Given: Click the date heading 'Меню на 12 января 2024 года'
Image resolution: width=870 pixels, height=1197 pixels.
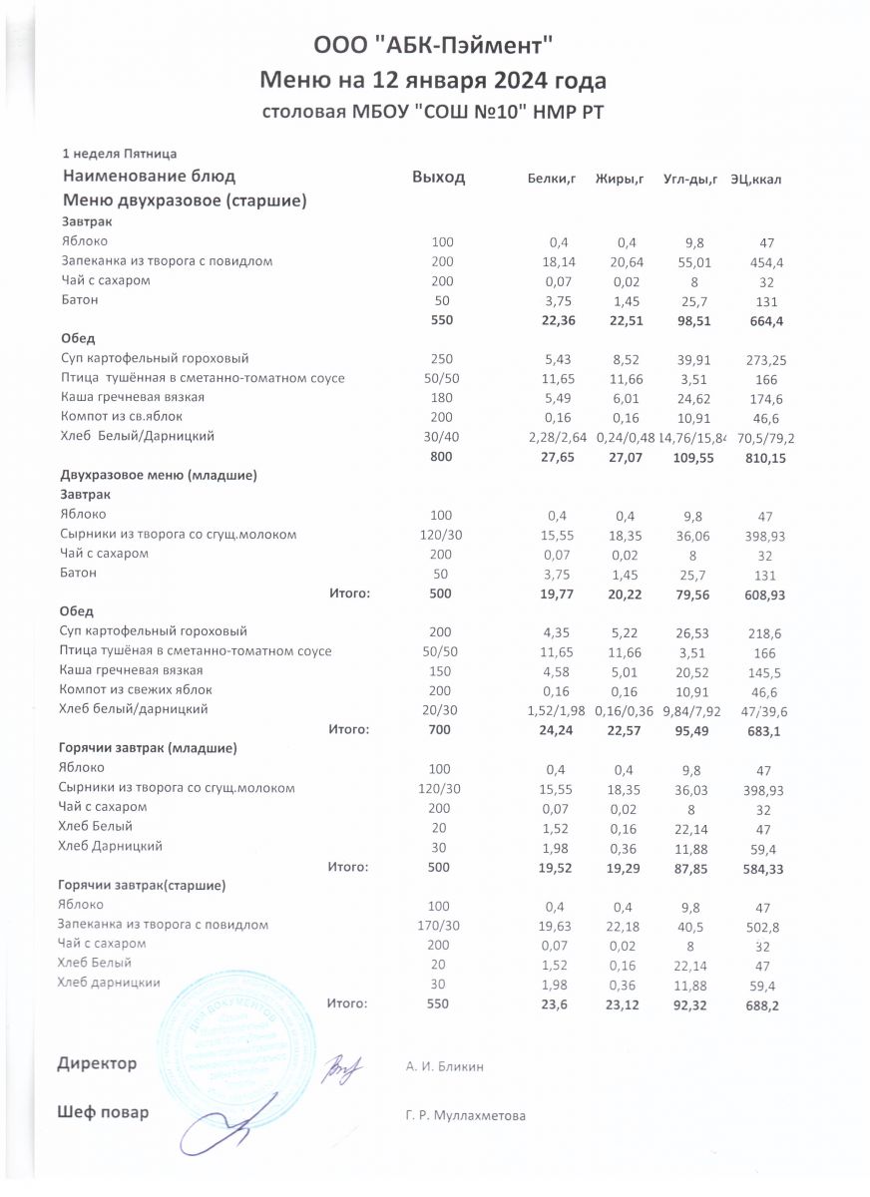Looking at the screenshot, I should [433, 79].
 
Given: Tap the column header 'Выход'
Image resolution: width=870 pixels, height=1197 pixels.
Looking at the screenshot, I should [439, 178].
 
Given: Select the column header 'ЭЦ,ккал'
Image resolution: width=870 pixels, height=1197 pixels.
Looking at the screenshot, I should [755, 179].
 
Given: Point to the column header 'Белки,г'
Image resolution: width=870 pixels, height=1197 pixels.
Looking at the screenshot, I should [552, 179].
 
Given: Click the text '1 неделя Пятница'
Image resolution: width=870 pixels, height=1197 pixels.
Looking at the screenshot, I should [119, 154].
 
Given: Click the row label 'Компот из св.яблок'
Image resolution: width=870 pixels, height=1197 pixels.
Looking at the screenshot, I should [122, 416].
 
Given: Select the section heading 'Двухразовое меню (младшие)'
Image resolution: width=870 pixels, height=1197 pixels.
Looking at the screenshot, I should [159, 476].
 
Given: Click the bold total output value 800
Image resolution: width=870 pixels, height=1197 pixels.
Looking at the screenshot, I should [440, 456].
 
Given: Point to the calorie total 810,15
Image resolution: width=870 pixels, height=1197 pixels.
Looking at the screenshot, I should [763, 456].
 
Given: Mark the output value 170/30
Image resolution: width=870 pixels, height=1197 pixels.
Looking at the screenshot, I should [439, 925].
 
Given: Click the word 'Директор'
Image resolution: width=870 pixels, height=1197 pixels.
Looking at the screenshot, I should [97, 1064].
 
